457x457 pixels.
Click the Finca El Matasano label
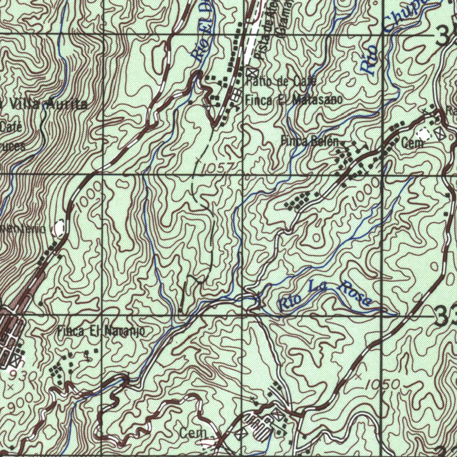[x=294, y=100]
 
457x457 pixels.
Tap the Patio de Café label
[x=281, y=81]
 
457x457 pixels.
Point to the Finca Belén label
[x=311, y=141]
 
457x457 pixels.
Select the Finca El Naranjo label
[x=101, y=332]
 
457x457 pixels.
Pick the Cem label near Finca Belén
[x=412, y=144]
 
